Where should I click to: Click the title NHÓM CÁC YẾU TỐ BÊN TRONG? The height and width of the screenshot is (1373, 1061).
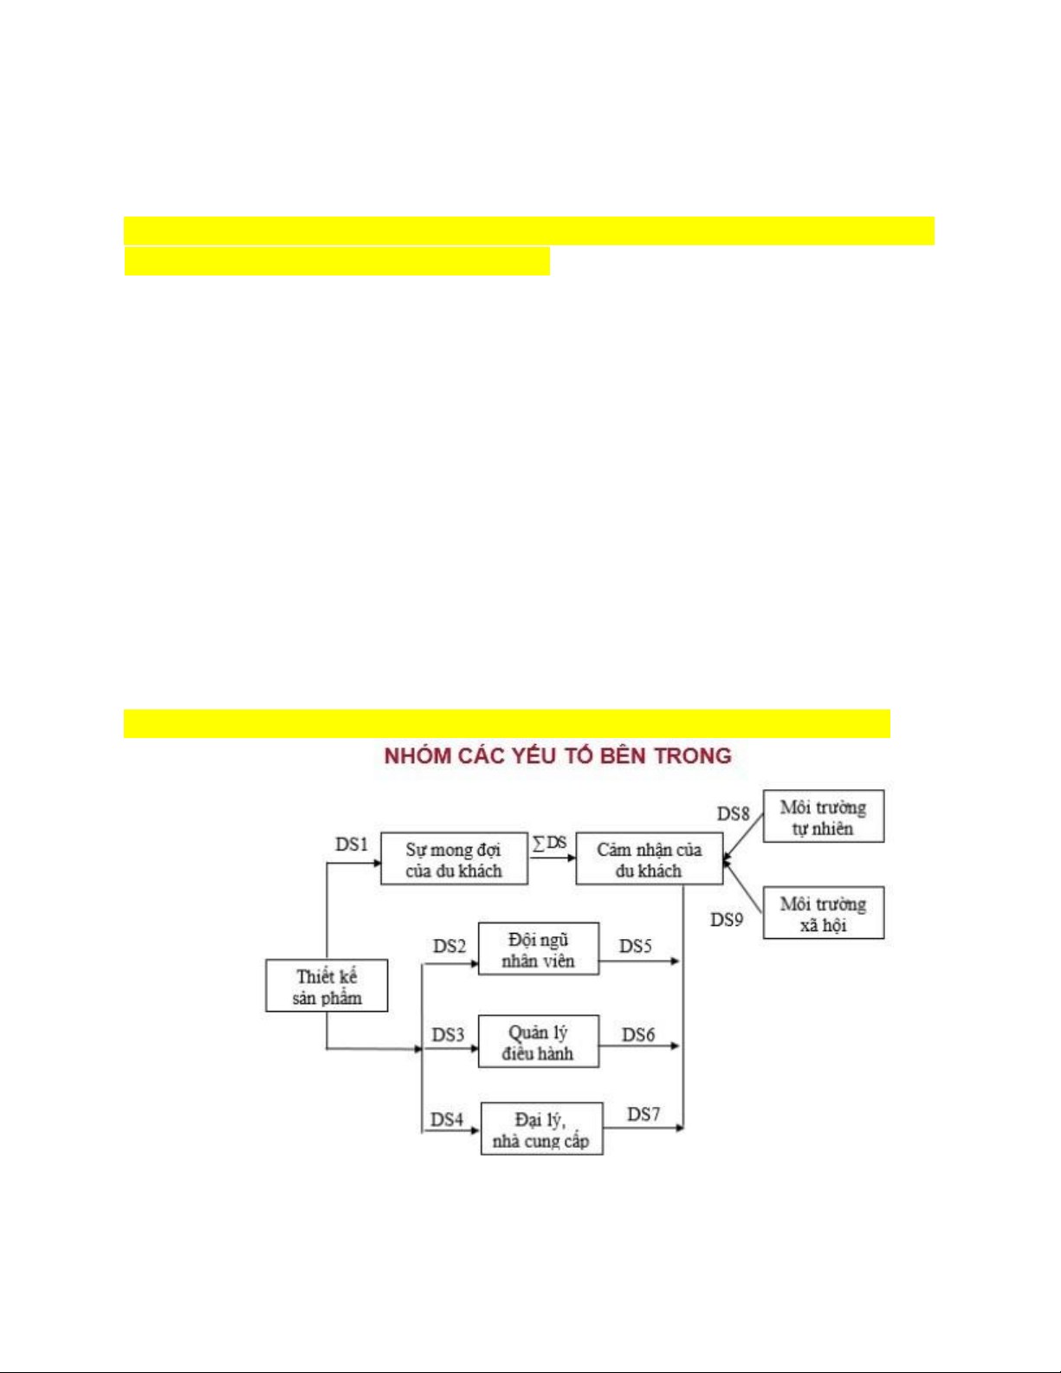(558, 756)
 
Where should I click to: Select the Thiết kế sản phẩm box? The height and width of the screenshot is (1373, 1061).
(327, 987)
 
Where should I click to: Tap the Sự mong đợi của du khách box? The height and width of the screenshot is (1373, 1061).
(454, 859)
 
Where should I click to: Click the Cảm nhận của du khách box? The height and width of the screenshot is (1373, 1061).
(649, 859)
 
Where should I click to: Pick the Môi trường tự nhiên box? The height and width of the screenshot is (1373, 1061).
(823, 817)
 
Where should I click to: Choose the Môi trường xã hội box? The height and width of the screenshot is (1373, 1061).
(823, 914)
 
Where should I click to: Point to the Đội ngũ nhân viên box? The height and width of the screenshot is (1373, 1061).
(538, 949)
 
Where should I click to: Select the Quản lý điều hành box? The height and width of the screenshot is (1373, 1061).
(538, 1042)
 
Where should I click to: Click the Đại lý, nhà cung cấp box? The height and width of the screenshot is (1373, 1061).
(541, 1130)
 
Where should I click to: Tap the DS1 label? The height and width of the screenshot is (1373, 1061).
(352, 844)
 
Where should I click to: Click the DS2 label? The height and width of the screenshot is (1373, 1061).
(450, 946)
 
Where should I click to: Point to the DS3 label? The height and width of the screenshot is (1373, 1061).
(448, 1034)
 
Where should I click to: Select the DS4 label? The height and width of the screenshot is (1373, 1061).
(447, 1119)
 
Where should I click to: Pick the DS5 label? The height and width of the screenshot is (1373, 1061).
(635, 946)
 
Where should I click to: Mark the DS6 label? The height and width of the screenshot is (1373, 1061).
(638, 1034)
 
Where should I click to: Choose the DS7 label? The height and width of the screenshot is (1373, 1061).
(644, 1114)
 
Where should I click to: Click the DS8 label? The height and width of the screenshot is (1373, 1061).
(733, 814)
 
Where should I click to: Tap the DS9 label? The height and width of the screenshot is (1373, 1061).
(727, 920)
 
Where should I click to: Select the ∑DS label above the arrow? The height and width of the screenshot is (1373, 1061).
(550, 843)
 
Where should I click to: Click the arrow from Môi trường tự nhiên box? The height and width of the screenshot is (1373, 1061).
(744, 837)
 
